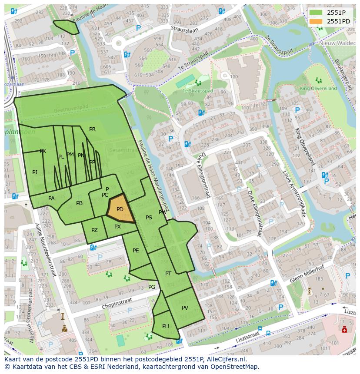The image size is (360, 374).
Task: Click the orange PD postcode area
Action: [120, 209]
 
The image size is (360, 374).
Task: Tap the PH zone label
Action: [166, 326]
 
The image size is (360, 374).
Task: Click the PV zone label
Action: [185, 308]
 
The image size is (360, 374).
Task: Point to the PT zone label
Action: [168, 273]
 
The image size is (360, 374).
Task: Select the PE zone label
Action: [136, 251]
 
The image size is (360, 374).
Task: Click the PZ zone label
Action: [94, 230]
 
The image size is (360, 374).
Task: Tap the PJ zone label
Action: [35, 172]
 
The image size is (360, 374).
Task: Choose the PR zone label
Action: [92, 129]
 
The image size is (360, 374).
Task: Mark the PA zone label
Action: [51, 199]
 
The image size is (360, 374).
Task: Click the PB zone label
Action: [79, 203]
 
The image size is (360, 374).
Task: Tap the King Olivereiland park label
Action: [318, 88]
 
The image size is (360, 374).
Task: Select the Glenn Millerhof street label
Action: [307, 275]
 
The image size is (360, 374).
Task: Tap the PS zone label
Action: [149, 218]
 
